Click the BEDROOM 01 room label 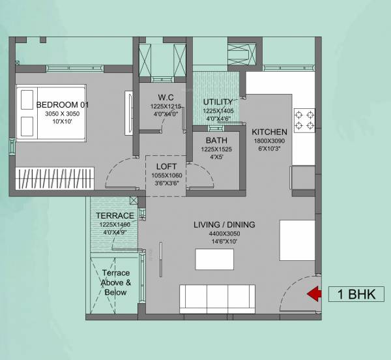pyautogui.click(x=63, y=104)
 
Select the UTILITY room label pyautogui.click(x=218, y=102)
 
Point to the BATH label pyautogui.click(x=216, y=140)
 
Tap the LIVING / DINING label pyautogui.click(x=224, y=225)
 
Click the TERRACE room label pyautogui.click(x=115, y=215)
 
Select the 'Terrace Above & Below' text pyautogui.click(x=115, y=282)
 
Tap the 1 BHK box pyautogui.click(x=356, y=294)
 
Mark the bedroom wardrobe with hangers pyautogui.click(x=55, y=179)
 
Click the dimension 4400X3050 pyautogui.click(x=224, y=233)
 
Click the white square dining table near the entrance pyautogui.click(x=297, y=239)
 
